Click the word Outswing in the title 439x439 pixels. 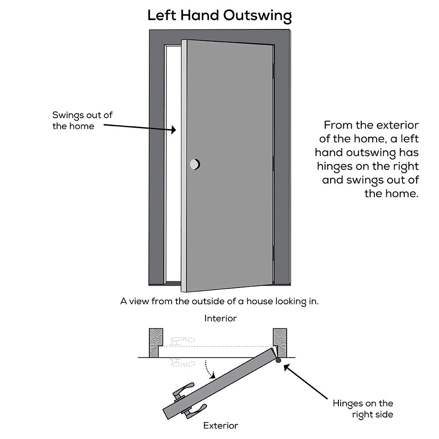point(257,16)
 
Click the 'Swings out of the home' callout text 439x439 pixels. point(82,121)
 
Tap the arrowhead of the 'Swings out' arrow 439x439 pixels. point(173,130)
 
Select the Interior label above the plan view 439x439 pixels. point(220,319)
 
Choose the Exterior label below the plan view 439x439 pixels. point(220,425)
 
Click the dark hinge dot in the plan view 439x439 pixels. point(278,361)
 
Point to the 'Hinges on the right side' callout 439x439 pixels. point(363,409)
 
